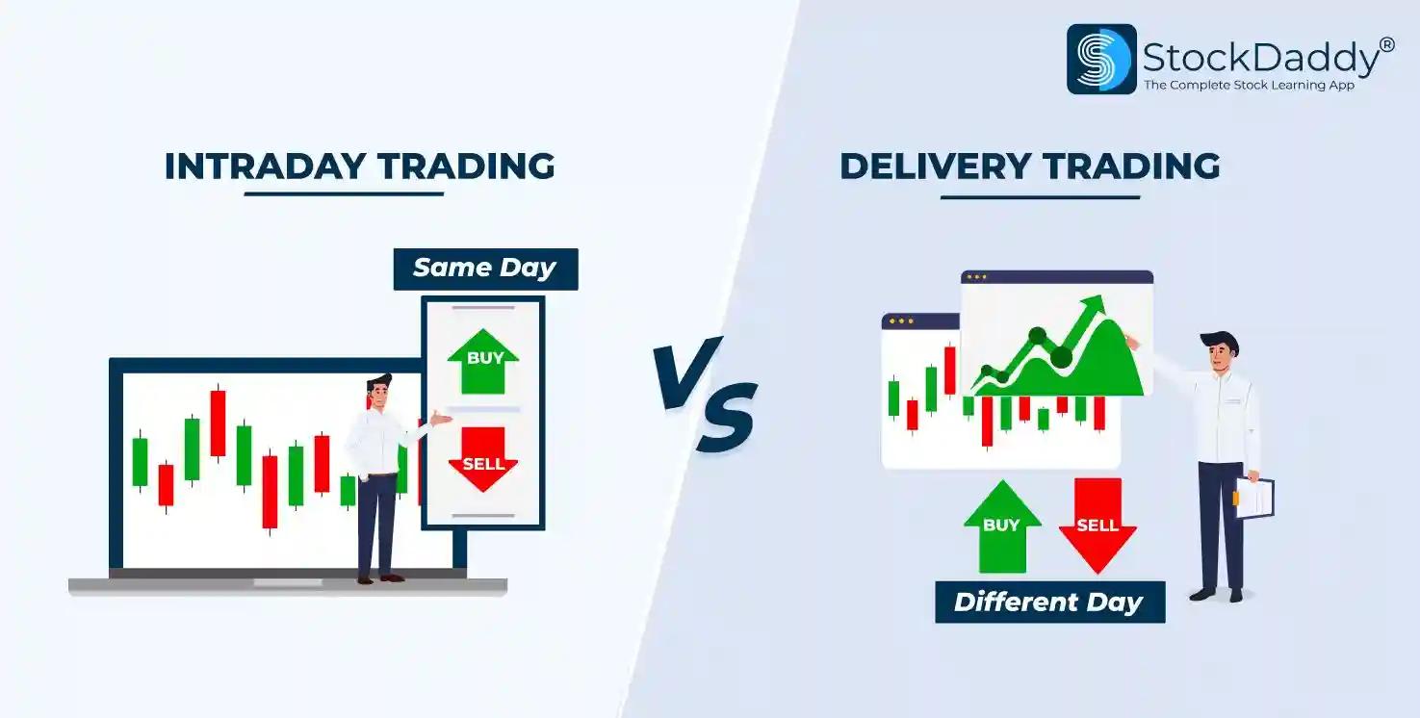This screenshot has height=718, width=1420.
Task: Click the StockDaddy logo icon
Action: (x=1101, y=59)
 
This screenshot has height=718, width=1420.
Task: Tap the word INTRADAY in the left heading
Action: (x=265, y=167)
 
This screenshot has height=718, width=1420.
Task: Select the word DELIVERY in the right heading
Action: (x=935, y=167)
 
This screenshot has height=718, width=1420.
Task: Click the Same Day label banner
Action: (x=485, y=269)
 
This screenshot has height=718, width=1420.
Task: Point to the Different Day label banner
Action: (x=1049, y=603)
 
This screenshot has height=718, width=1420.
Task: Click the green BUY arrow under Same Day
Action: (x=483, y=361)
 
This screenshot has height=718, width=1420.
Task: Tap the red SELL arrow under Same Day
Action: (x=483, y=459)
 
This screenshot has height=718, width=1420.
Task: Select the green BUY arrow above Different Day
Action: (x=1001, y=526)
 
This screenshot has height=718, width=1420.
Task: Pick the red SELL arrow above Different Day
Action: (x=1097, y=526)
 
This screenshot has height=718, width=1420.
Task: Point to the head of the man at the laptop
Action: (x=379, y=393)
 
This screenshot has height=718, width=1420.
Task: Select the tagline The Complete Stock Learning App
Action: (x=1249, y=86)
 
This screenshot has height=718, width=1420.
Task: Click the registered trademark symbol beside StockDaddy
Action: (x=1386, y=45)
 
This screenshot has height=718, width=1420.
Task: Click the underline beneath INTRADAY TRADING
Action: (x=344, y=193)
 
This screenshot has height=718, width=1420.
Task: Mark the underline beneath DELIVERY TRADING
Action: (x=1040, y=197)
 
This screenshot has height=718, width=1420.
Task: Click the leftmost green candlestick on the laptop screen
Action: (x=141, y=461)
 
